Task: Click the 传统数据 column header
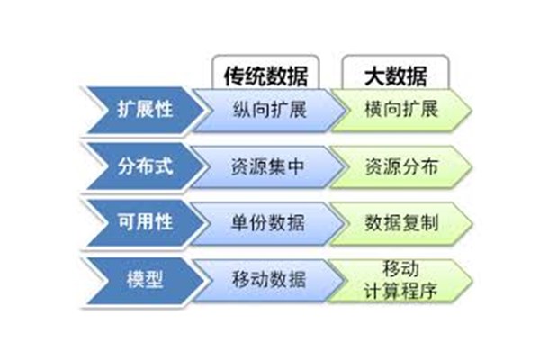coord(265,72)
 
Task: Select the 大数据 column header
coord(395,72)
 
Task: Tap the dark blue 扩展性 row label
coord(145,110)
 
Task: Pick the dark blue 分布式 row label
coord(145,166)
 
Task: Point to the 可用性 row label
coord(145,222)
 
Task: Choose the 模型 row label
coord(145,279)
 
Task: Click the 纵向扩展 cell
coord(269,110)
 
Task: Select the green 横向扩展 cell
coord(401,110)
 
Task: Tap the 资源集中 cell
coord(268,166)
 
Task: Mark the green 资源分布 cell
coord(401,166)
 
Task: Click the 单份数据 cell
coord(268,223)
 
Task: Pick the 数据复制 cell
coord(401,223)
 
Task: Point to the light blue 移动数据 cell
coord(268,279)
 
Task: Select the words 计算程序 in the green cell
coord(400,291)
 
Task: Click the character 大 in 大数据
coord(374,76)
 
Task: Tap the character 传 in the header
coord(234,76)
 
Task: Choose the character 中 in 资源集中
coord(296,167)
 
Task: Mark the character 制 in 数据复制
coord(429,223)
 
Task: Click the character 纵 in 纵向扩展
coord(242,110)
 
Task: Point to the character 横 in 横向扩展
coord(373,110)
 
